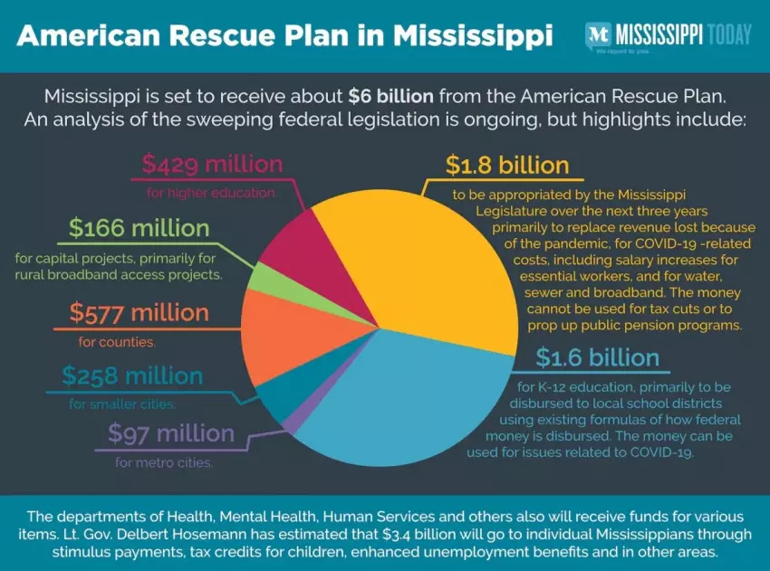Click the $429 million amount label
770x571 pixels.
pyautogui.click(x=212, y=165)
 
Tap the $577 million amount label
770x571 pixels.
pyautogui.click(x=139, y=313)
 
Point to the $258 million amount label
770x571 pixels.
pyautogui.click(x=132, y=375)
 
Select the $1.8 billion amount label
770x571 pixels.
pyautogui.click(x=507, y=165)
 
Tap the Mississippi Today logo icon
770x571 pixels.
pyautogui.click(x=597, y=34)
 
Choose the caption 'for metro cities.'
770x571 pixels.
pyautogui.click(x=164, y=463)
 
